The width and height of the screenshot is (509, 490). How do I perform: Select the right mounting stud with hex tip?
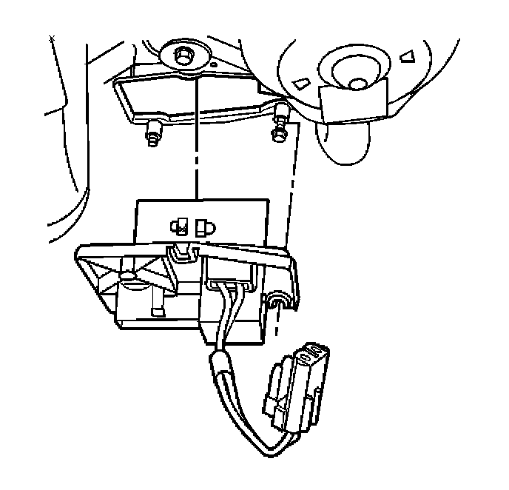[280, 126]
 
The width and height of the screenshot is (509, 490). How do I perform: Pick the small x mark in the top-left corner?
[50, 38]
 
